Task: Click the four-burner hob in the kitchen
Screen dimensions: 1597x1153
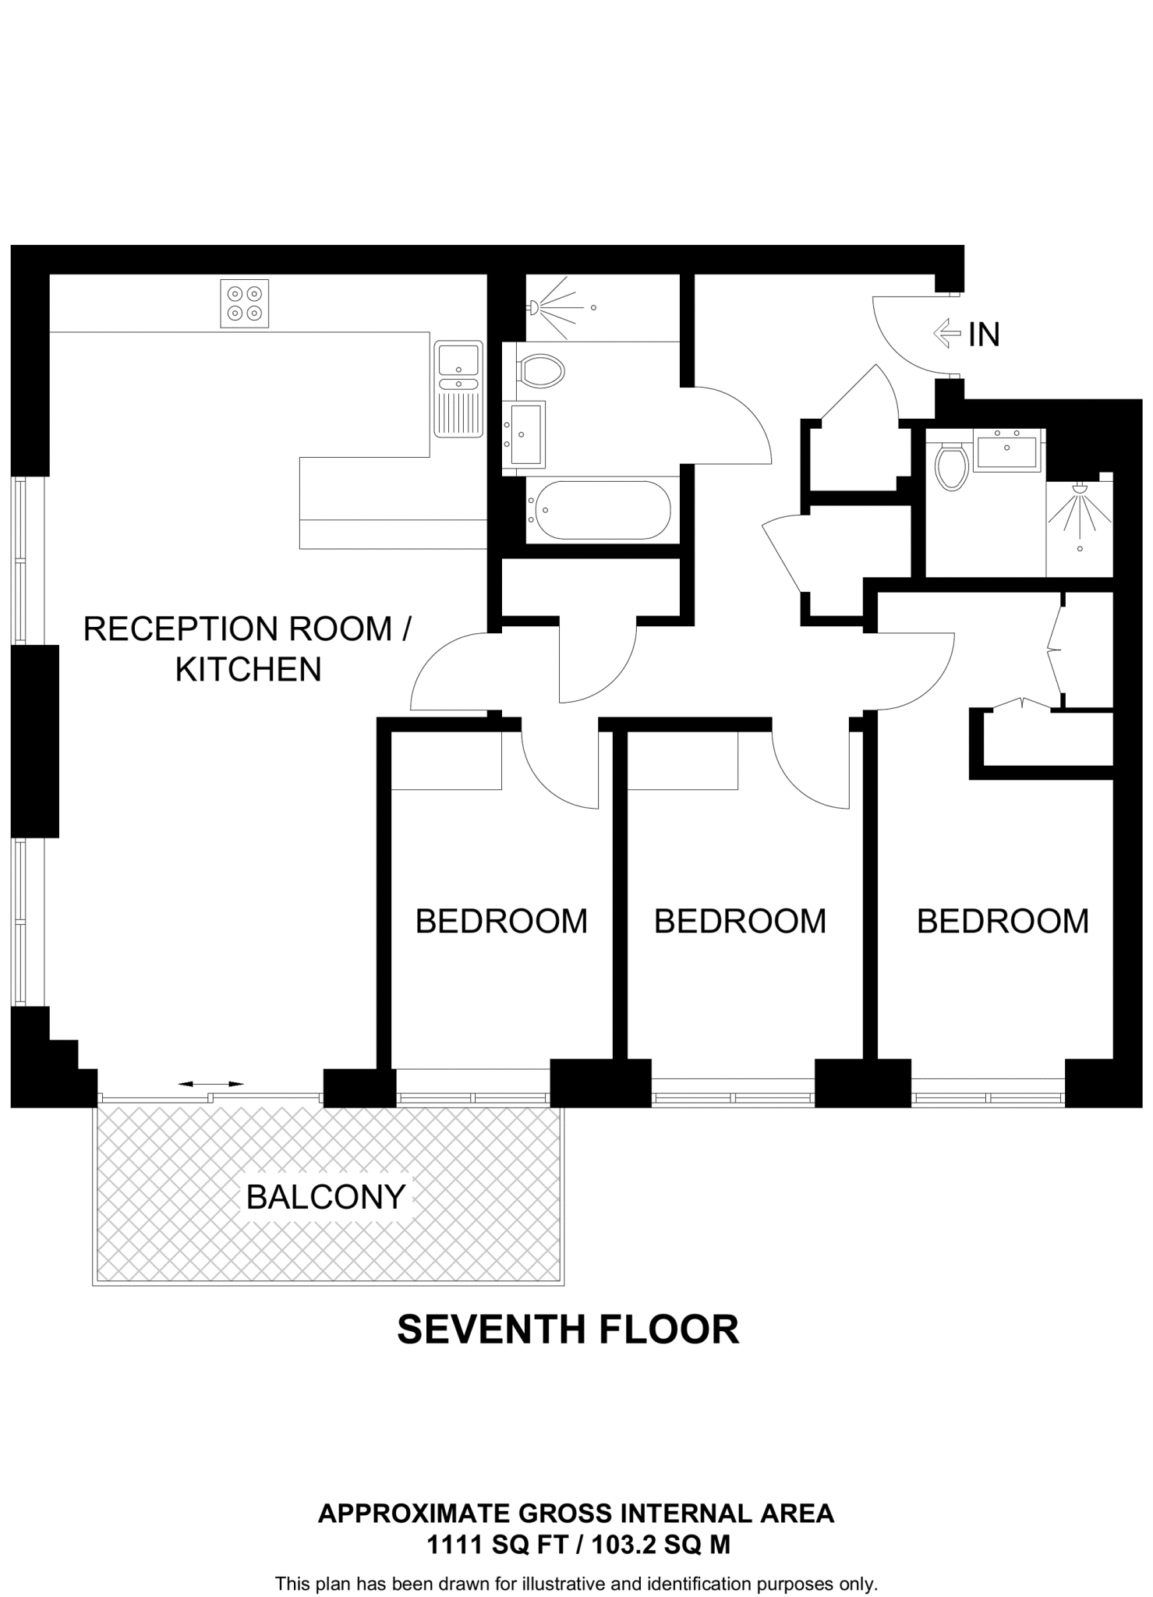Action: [244, 303]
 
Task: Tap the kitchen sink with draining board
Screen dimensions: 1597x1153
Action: [458, 388]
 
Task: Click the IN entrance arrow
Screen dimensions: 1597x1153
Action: [946, 334]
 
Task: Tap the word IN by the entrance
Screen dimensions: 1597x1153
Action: [984, 335]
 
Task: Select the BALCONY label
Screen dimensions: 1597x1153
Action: [326, 1196]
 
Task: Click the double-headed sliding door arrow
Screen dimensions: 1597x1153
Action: [210, 1084]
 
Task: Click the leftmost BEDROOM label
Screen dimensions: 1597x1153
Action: [501, 921]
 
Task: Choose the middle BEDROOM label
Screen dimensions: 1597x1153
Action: [740, 921]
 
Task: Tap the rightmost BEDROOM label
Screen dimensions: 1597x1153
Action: [1003, 921]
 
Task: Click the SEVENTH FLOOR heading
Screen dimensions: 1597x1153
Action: [568, 1330]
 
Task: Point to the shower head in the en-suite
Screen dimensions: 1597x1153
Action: [1080, 489]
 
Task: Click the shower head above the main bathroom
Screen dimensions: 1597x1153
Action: [534, 307]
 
